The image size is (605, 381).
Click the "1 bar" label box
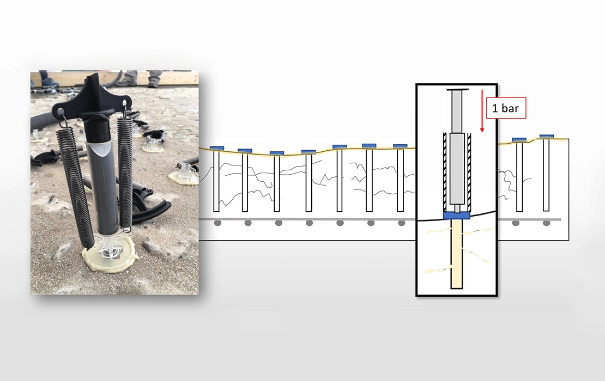click(506, 108)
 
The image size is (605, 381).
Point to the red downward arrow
click(482, 111)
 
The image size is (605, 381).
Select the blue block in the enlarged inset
click(456, 216)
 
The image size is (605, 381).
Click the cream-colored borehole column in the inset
click(457, 254)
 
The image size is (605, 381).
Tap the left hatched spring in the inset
click(445, 172)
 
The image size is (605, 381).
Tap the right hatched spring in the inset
click(469, 172)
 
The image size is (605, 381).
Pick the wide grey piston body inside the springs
click(457, 169)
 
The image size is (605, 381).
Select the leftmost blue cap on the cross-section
click(216, 148)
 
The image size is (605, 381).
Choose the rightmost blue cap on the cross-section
click(547, 137)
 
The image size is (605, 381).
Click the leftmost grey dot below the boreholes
click(217, 223)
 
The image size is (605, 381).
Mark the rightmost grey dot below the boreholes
click(546, 223)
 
